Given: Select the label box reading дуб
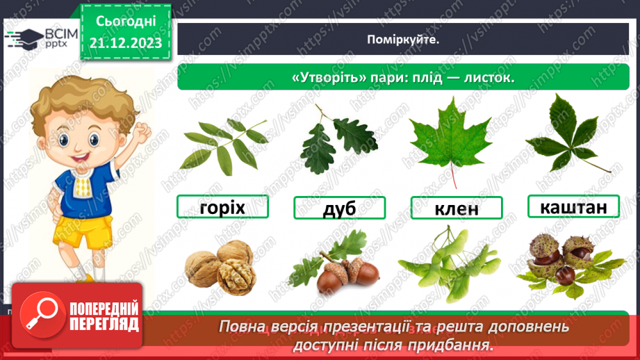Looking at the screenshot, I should coord(339,208).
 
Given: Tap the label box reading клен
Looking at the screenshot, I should coord(457,208).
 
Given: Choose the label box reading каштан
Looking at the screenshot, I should coord(573,206).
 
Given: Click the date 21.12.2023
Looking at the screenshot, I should coord(125,43).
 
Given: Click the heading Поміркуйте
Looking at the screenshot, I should coord(403,40).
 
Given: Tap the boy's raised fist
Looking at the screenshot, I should coord(142,130).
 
